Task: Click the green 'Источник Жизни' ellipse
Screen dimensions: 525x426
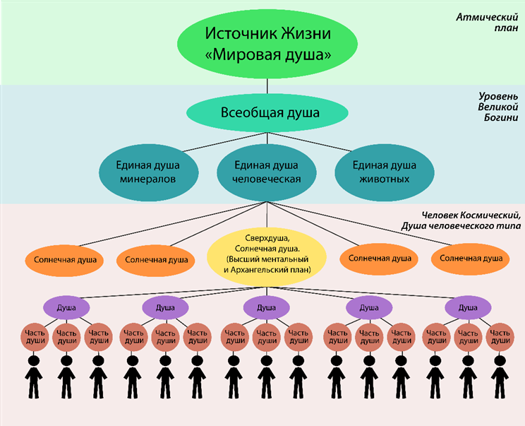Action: pyautogui.click(x=267, y=44)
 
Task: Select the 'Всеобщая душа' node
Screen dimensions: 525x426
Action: pyautogui.click(x=267, y=112)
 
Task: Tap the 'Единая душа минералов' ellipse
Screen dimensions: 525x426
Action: pyautogui.click(x=148, y=172)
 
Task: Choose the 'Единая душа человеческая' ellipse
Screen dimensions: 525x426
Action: pyautogui.click(x=267, y=172)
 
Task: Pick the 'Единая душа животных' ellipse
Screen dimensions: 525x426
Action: pyautogui.click(x=385, y=172)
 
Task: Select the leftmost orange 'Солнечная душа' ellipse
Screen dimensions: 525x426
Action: pyautogui.click(x=64, y=260)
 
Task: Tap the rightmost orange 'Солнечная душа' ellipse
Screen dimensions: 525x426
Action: pyautogui.click(x=471, y=259)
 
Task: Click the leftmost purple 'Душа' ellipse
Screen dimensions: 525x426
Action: pyautogui.click(x=66, y=307)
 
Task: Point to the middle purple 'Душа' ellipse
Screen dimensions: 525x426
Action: pyautogui.click(x=266, y=307)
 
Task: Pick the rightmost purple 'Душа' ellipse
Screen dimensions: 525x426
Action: pyautogui.click(x=468, y=307)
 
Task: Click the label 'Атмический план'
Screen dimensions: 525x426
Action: pyautogui.click(x=487, y=22)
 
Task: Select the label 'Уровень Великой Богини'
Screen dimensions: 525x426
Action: pyautogui.click(x=498, y=107)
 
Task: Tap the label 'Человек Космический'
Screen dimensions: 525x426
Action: pyautogui.click(x=471, y=215)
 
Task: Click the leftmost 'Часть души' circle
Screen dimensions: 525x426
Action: pyautogui.click(x=35, y=337)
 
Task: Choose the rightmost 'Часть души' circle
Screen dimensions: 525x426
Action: pyautogui.click(x=500, y=337)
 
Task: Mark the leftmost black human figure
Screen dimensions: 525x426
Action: pyautogui.click(x=34, y=377)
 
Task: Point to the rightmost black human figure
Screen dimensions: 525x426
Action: pyautogui.click(x=500, y=377)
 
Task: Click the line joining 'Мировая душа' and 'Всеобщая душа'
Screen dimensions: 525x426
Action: pyautogui.click(x=267, y=86)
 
